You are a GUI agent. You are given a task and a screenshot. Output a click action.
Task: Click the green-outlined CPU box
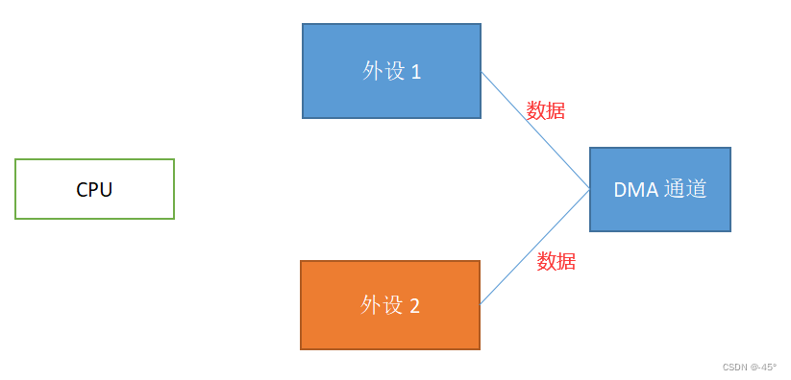[x=94, y=189]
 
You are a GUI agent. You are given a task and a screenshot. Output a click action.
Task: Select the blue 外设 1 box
[x=391, y=71]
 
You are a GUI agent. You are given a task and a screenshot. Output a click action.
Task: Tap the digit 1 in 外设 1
[x=416, y=72]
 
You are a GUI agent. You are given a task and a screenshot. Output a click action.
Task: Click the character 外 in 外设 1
[x=373, y=72]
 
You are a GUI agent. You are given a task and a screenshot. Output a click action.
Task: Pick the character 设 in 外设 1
[x=394, y=72]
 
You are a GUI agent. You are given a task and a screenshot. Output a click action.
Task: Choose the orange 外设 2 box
[x=389, y=305]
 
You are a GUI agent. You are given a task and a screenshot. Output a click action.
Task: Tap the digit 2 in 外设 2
[x=414, y=306]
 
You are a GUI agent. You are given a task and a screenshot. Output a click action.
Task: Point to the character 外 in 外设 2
[x=371, y=305]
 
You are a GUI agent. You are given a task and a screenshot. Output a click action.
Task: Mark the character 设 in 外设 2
[x=392, y=305]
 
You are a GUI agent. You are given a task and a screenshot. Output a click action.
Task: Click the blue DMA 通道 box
[x=659, y=189]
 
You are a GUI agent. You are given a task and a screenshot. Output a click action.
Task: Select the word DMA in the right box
[x=635, y=190]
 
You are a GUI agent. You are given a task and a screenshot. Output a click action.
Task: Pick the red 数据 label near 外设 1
[x=546, y=110]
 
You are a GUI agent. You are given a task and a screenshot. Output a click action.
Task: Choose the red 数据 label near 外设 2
[x=556, y=261]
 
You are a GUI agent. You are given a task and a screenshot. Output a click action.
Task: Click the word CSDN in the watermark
[x=735, y=367]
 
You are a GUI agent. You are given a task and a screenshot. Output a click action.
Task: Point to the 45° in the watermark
[x=767, y=367]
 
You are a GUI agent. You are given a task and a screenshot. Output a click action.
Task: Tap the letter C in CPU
[x=82, y=190]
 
